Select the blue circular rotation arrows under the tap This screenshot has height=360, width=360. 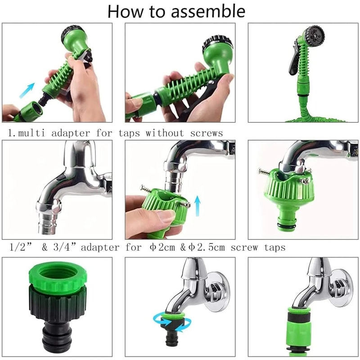coord(171,322)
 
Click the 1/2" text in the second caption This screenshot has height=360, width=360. coord(19,247)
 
